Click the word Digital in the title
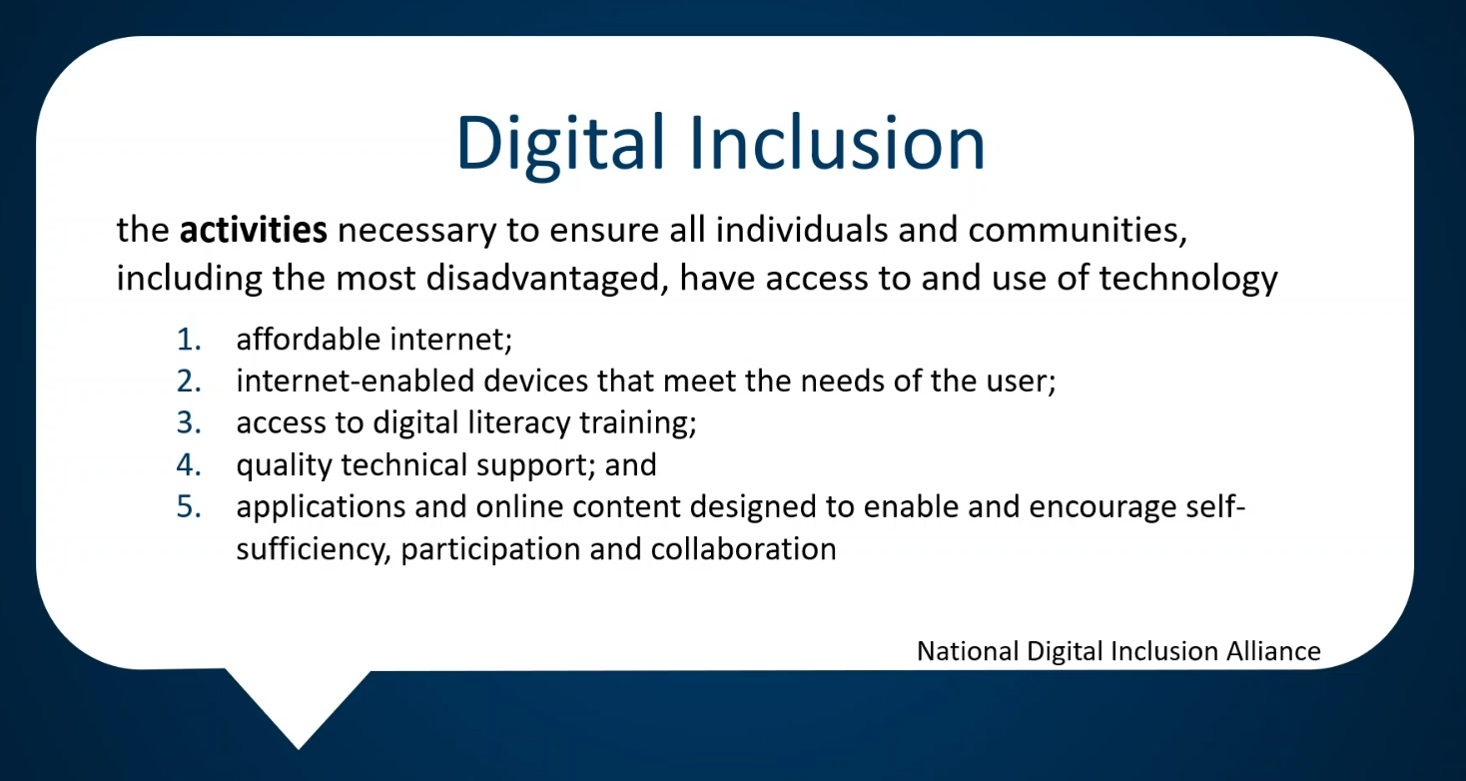point(560,145)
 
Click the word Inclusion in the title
point(837,142)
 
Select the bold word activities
point(254,230)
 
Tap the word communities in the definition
point(1078,231)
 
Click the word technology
point(1187,280)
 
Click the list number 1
point(189,340)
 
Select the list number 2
point(189,382)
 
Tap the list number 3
point(189,423)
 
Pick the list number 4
point(189,465)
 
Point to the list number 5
point(189,507)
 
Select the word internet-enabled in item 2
point(356,381)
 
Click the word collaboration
point(743,548)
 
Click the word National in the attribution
point(969,651)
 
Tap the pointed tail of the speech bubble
point(299,748)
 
